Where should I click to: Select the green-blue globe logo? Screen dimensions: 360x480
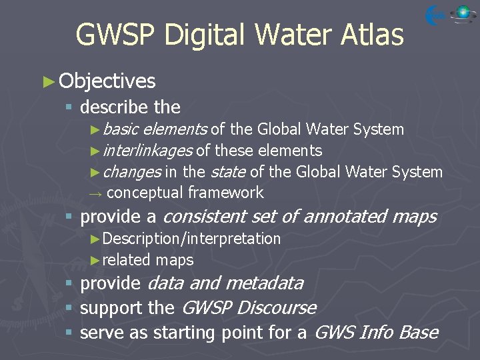tap(462, 13)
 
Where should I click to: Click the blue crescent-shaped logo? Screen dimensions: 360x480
tap(436, 15)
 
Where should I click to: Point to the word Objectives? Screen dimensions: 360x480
tap(107, 81)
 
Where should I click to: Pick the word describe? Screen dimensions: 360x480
tap(115, 107)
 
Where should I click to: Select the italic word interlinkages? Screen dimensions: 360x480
tap(148, 151)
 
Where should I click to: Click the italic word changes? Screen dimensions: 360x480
tap(132, 172)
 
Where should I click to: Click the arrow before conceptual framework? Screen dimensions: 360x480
tap(96, 193)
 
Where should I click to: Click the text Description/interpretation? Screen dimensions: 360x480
tap(192, 239)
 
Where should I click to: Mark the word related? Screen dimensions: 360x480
tap(127, 260)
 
